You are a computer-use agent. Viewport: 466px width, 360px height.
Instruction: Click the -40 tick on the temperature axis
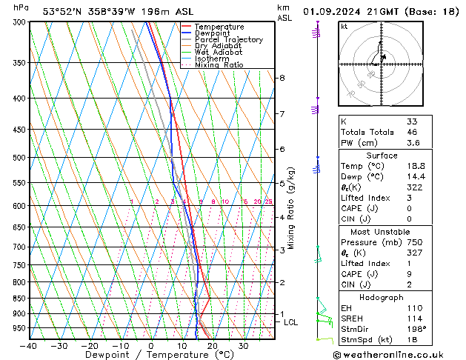[30, 346]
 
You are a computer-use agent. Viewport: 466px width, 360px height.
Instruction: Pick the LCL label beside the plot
[291, 322]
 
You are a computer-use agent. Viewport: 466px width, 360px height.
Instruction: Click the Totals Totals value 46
[413, 132]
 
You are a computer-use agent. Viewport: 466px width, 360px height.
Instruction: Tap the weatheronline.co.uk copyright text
[399, 355]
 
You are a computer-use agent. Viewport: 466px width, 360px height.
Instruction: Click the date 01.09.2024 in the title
[334, 11]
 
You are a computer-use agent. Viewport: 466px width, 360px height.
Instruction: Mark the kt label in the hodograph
[344, 26]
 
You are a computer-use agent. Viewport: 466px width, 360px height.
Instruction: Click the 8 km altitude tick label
[282, 78]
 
